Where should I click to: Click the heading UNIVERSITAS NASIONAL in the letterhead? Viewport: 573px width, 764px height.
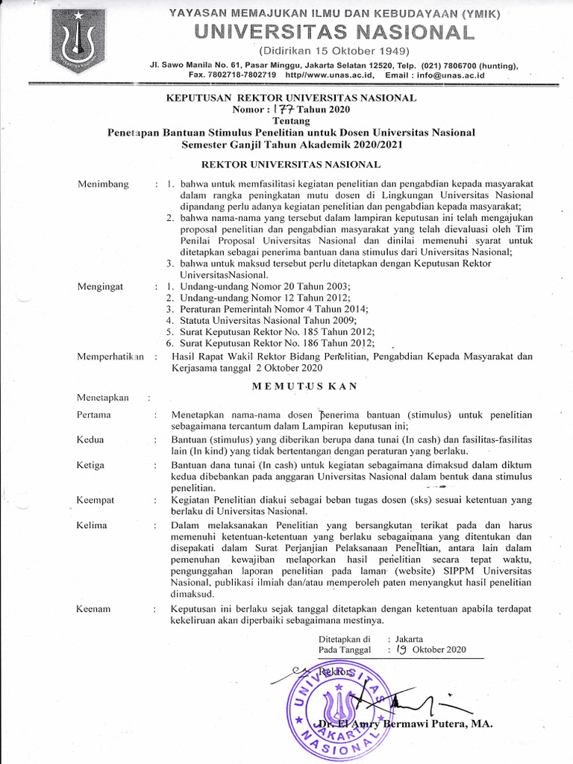click(x=331, y=32)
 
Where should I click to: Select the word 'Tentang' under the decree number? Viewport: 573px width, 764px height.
click(x=290, y=122)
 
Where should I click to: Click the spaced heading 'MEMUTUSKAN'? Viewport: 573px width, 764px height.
click(x=305, y=386)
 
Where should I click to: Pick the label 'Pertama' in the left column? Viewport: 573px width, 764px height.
click(x=94, y=414)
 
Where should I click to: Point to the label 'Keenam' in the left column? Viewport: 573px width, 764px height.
click(x=93, y=609)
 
